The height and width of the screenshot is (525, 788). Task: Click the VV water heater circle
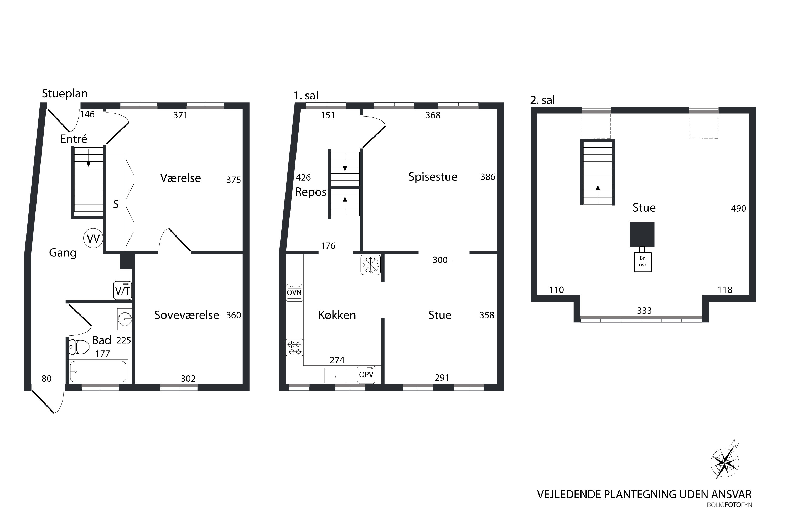pyautogui.click(x=93, y=238)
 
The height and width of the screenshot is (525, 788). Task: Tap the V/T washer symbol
pyautogui.click(x=123, y=290)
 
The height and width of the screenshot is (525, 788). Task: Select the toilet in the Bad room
pyautogui.click(x=79, y=347)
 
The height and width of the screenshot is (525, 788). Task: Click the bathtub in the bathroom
pyautogui.click(x=98, y=372)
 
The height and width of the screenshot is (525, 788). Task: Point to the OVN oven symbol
pyautogui.click(x=294, y=293)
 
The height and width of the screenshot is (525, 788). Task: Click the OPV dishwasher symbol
pyautogui.click(x=366, y=374)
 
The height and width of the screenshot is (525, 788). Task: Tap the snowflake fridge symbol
pyautogui.click(x=371, y=265)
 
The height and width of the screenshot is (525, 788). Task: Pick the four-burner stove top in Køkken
pyautogui.click(x=294, y=348)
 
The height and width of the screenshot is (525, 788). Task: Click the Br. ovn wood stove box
pyautogui.click(x=643, y=262)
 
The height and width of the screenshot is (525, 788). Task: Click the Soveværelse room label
pyautogui.click(x=186, y=315)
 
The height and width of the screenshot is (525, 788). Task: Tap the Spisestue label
pyautogui.click(x=433, y=177)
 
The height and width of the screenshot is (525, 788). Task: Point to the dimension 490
pyautogui.click(x=738, y=208)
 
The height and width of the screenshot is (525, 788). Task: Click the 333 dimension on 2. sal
pyautogui.click(x=644, y=311)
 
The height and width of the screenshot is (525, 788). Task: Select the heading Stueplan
pyautogui.click(x=65, y=94)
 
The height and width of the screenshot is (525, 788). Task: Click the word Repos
pyautogui.click(x=310, y=192)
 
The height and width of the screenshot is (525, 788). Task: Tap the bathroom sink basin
pyautogui.click(x=125, y=319)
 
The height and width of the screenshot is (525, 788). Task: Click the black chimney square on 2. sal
pyautogui.click(x=642, y=234)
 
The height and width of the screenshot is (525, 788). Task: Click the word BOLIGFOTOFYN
pyautogui.click(x=729, y=514)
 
